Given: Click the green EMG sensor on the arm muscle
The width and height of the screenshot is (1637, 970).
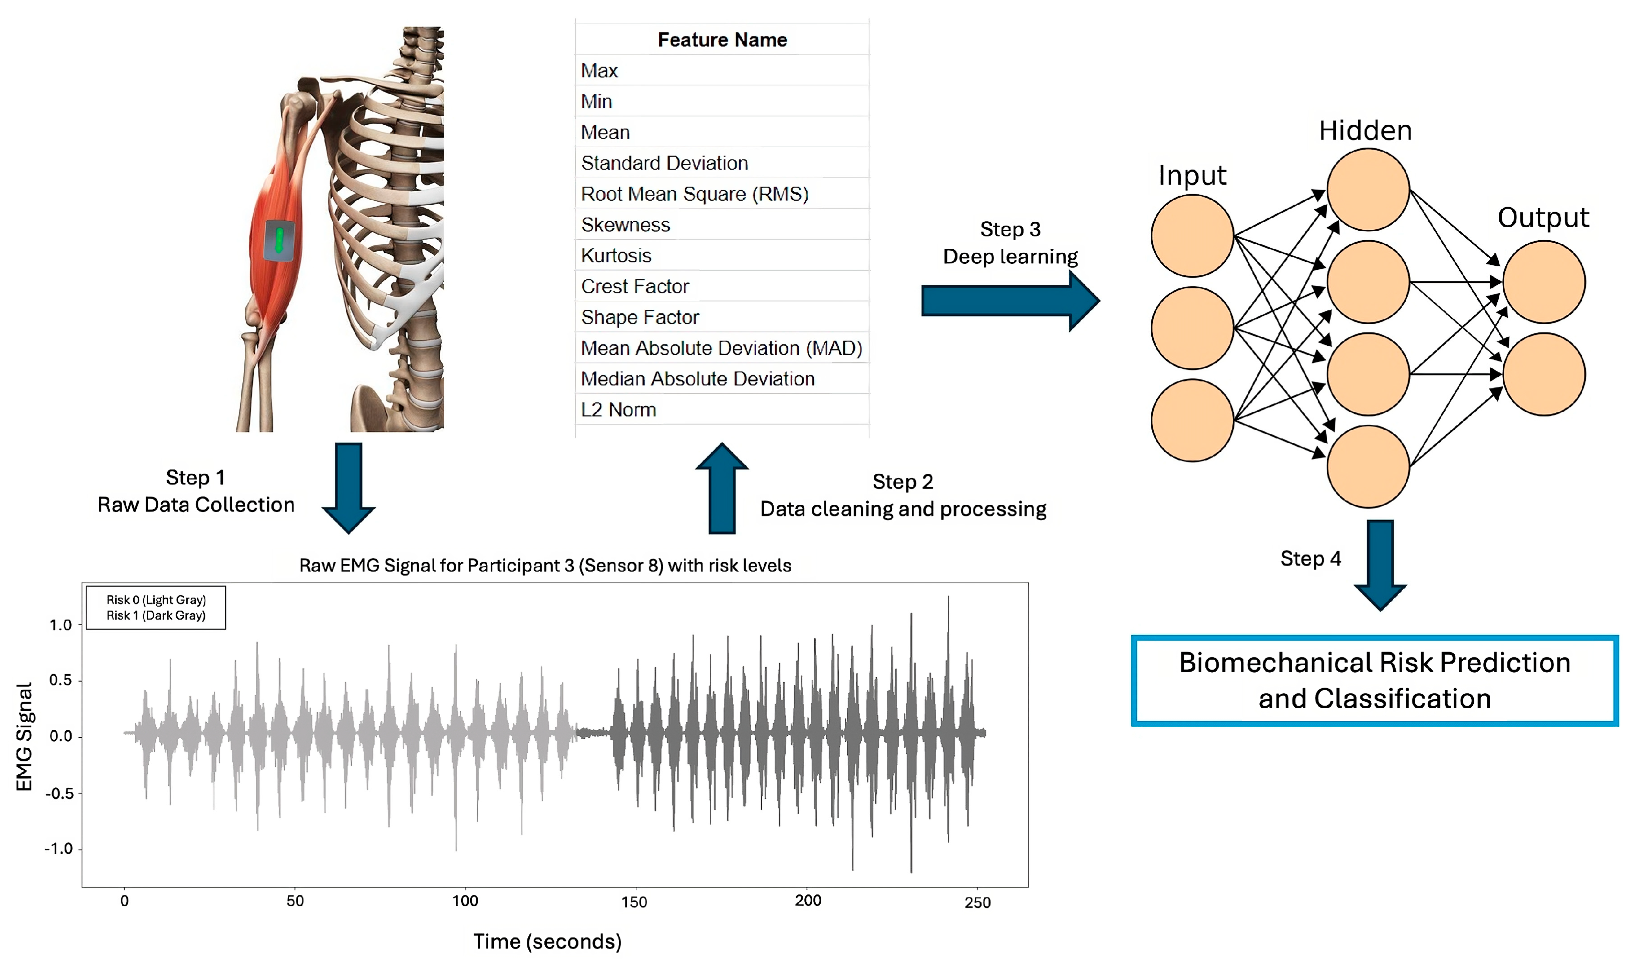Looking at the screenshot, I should point(279,240).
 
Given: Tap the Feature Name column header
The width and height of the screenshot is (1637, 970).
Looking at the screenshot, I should point(722,40).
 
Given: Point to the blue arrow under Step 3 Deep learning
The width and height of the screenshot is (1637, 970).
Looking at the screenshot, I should point(1010,301).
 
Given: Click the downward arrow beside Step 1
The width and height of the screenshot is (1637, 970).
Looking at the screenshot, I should point(349,488).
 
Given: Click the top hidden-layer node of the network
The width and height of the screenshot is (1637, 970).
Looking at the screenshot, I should point(1368,190).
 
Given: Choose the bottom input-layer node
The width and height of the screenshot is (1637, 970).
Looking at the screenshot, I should point(1192,420).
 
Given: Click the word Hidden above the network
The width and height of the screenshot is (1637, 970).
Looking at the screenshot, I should point(1365,131).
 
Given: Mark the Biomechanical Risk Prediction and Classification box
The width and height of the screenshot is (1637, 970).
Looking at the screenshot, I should point(1374,680).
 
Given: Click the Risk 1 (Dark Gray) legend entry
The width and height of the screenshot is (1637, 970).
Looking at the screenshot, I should point(156,616).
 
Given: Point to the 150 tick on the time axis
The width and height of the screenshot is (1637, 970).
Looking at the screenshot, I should point(634,902).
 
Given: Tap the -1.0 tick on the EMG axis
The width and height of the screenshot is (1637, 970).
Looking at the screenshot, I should point(58,849).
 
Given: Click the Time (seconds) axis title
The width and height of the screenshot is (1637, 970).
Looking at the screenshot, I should point(547,941).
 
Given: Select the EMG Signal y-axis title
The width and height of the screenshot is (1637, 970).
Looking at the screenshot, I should point(24,737).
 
